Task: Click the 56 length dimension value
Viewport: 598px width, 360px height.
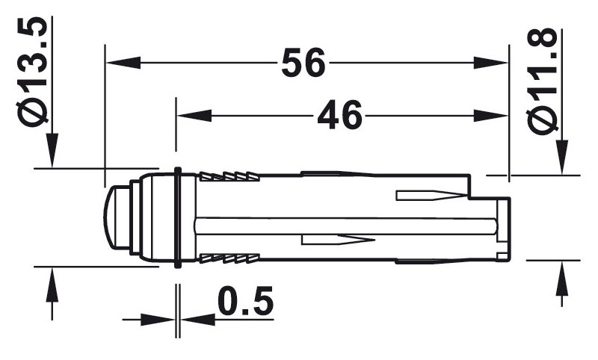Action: [303, 63]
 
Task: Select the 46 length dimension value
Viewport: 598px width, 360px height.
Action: [339, 115]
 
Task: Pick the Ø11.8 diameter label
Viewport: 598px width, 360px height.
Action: [542, 81]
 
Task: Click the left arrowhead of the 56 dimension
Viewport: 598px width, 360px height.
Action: [123, 63]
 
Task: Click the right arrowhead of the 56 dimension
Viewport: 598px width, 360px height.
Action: [491, 63]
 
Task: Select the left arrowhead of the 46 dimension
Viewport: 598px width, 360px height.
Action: [194, 116]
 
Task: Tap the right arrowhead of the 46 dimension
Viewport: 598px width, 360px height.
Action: [491, 116]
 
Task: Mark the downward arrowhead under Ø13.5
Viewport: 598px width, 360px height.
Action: [52, 150]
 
